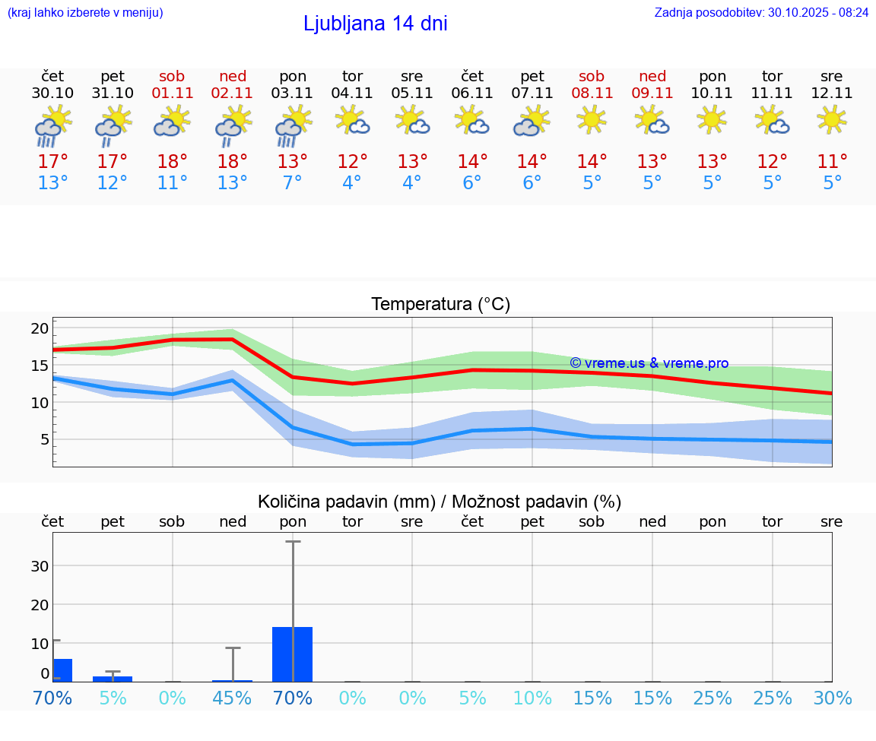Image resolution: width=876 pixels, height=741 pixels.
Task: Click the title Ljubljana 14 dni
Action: pyautogui.click(x=375, y=24)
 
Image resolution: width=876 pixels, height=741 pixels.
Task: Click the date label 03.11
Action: pyautogui.click(x=293, y=93)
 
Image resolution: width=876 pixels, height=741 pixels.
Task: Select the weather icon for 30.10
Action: pyautogui.click(x=52, y=126)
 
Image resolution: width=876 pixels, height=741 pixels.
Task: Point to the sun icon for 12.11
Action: pyautogui.click(x=832, y=120)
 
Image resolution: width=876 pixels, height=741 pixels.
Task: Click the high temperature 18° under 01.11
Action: pyautogui.click(x=173, y=162)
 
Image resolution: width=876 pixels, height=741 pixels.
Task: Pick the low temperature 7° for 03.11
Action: pyautogui.click(x=293, y=183)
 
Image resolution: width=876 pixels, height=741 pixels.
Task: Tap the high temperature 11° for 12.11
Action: pyautogui.click(x=832, y=162)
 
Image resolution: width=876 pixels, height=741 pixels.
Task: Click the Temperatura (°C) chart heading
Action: pyautogui.click(x=440, y=305)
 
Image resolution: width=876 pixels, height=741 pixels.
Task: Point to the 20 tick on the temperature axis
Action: pyautogui.click(x=40, y=329)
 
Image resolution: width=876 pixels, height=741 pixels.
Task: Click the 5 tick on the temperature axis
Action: pyautogui.click(x=44, y=439)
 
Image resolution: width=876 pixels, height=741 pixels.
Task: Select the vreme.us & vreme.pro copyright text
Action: pyautogui.click(x=649, y=363)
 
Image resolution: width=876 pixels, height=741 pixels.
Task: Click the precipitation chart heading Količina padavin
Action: pyautogui.click(x=440, y=502)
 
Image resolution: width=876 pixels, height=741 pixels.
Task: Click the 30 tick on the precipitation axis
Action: pyautogui.click(x=40, y=566)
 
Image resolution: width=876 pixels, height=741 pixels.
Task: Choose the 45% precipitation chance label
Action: pyautogui.click(x=233, y=698)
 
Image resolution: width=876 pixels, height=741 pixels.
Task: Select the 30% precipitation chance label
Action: pyautogui.click(x=832, y=698)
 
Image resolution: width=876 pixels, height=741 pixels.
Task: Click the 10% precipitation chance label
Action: pyautogui.click(x=532, y=698)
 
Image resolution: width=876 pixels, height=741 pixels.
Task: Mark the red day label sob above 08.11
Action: pyautogui.click(x=592, y=76)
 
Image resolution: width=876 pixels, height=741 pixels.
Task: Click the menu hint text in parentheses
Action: pyautogui.click(x=85, y=12)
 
